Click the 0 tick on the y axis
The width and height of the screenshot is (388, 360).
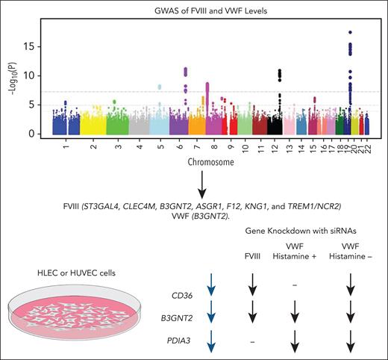[43, 133]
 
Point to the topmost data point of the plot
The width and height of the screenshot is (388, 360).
[350, 32]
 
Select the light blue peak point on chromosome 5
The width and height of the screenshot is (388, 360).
[160, 87]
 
